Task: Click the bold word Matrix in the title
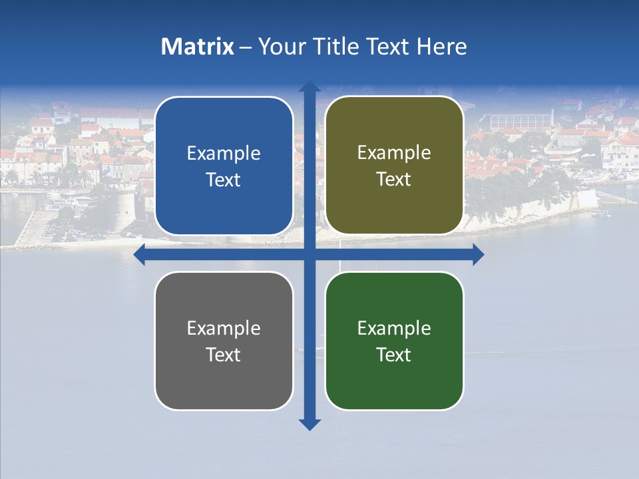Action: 198,47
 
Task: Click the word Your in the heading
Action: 280,47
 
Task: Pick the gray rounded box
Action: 224,386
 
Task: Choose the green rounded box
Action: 394,386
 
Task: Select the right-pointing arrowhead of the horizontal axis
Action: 478,255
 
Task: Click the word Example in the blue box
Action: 224,154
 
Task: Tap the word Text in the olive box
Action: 394,180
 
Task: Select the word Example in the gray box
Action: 224,329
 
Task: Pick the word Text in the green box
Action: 394,355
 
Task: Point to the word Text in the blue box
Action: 224,180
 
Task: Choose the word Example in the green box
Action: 394,329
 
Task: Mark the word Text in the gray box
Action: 224,355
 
